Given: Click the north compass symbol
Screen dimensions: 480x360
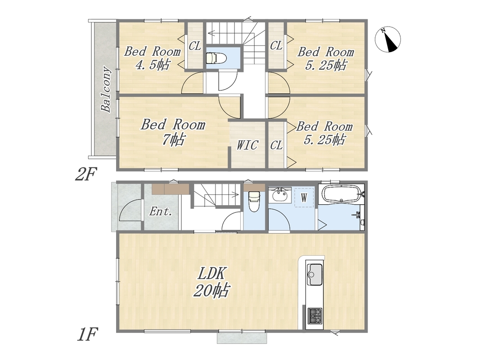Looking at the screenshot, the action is pyautogui.click(x=388, y=40).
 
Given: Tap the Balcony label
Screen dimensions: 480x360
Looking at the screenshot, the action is pyautogui.click(x=106, y=89).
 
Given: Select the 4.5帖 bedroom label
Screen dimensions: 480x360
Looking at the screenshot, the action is pyautogui.click(x=152, y=58).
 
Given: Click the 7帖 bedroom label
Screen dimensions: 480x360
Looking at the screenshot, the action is pyautogui.click(x=173, y=132).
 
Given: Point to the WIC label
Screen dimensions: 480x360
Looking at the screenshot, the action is pyautogui.click(x=247, y=145).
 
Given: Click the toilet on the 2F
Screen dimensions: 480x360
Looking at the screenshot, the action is pyautogui.click(x=216, y=58).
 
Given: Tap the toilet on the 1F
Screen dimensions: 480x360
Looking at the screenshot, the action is pyautogui.click(x=254, y=201).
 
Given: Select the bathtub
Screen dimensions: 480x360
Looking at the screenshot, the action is pyautogui.click(x=341, y=194).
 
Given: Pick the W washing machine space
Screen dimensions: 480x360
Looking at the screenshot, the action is pyautogui.click(x=304, y=198).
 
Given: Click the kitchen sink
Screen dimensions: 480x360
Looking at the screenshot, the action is pyautogui.click(x=314, y=270).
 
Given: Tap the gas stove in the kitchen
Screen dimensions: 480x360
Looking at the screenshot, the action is pyautogui.click(x=315, y=316).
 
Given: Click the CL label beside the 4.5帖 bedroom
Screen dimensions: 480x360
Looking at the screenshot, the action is pyautogui.click(x=195, y=46).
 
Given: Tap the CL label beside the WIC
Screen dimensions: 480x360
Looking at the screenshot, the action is pyautogui.click(x=276, y=145).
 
